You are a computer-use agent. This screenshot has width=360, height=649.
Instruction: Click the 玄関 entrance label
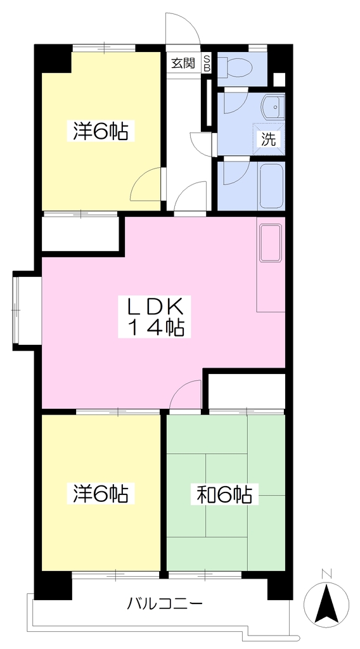183,63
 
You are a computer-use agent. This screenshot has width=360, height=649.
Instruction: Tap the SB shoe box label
207,63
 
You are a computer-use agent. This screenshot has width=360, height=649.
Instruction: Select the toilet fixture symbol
235,66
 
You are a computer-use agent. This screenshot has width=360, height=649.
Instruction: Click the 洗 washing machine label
267,139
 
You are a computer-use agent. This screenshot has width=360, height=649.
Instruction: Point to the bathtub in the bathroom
271,185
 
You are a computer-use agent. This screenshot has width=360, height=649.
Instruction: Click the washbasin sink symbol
273,107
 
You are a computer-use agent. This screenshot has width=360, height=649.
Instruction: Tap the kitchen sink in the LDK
270,243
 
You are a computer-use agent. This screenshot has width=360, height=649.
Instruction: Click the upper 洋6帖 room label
101,131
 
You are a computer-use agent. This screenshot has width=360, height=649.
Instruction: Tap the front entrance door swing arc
183,27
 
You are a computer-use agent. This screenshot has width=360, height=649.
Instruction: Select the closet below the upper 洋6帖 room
80,234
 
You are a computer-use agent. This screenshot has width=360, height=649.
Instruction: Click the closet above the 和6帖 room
247,391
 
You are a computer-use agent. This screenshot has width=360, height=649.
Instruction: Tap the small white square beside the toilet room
280,79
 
